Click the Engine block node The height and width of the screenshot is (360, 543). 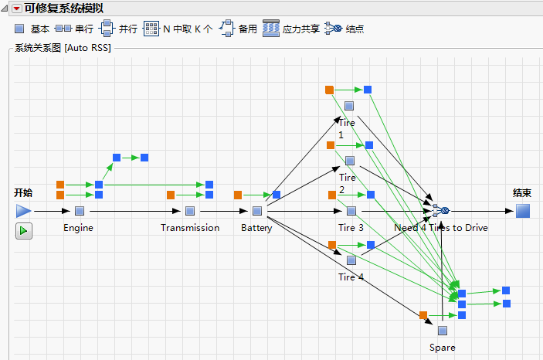click(80, 210)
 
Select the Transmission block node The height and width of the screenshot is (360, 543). click(190, 210)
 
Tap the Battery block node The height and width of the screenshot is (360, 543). click(257, 210)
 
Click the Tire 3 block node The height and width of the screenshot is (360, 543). click(351, 210)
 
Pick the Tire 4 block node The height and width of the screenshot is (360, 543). click(351, 260)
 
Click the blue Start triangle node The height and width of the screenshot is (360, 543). click(23, 210)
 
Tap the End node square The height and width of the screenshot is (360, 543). click(523, 210)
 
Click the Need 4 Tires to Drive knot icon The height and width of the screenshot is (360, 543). click(440, 210)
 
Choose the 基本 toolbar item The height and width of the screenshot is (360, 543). click(19, 29)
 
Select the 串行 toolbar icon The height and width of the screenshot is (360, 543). click(63, 29)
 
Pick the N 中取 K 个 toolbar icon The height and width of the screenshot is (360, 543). click(151, 29)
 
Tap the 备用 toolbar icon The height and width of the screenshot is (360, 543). click(226, 29)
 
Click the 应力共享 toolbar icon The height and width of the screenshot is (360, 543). click(270, 29)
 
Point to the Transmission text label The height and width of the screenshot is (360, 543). click(190, 228)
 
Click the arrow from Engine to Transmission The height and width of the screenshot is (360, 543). click(135, 210)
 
